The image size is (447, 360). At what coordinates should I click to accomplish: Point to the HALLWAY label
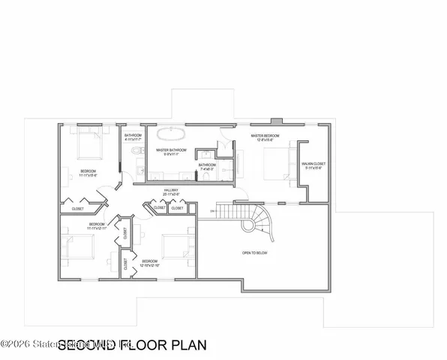pyautogui.click(x=171, y=193)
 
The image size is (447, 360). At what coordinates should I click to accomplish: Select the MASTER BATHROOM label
pyautogui.click(x=171, y=151)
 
